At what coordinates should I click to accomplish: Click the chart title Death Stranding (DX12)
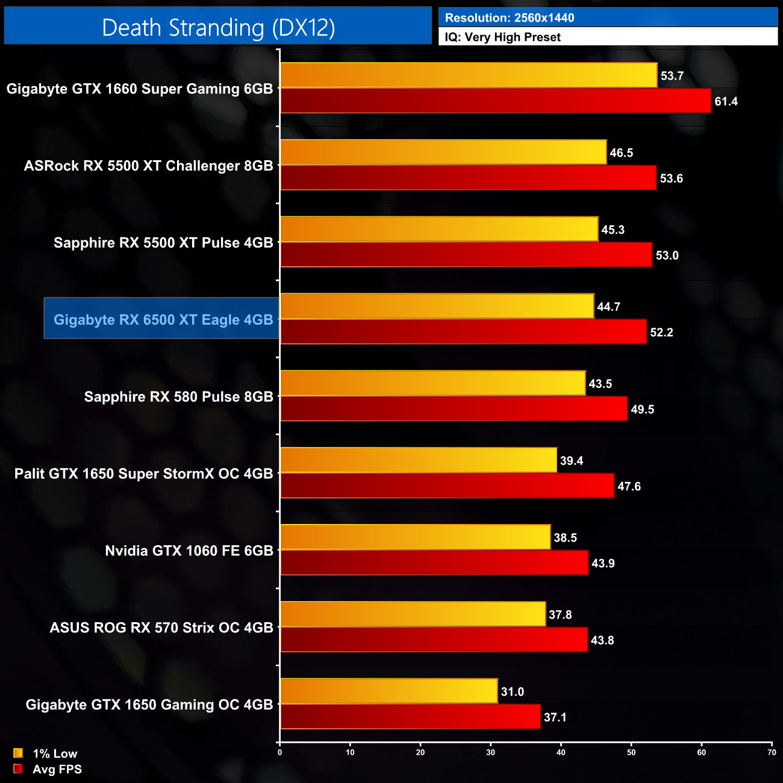[218, 28]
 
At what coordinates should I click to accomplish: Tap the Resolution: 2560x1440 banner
[509, 17]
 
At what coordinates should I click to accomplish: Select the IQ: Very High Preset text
[502, 37]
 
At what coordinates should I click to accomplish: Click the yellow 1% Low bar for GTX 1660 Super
[469, 75]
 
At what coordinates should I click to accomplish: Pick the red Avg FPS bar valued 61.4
[495, 101]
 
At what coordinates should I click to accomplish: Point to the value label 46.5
[621, 153]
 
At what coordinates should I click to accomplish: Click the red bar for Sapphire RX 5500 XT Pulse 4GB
[466, 255]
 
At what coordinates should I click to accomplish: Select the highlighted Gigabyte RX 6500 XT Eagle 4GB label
[163, 319]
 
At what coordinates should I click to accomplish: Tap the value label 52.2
[661, 332]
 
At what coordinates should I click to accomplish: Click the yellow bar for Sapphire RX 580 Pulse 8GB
[432, 383]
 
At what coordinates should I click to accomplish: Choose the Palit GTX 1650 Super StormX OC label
[144, 473]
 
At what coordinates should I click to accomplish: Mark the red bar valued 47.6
[447, 486]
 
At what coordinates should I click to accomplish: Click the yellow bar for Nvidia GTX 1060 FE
[415, 537]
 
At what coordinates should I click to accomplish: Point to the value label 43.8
[602, 640]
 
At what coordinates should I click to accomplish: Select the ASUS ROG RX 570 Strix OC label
[161, 628]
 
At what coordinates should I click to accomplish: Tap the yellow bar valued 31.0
[388, 691]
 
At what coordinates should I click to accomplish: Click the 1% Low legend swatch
[18, 753]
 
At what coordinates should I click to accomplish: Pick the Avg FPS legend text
[57, 769]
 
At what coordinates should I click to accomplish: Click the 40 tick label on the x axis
[561, 752]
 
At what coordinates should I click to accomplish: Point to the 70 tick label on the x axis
[772, 752]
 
